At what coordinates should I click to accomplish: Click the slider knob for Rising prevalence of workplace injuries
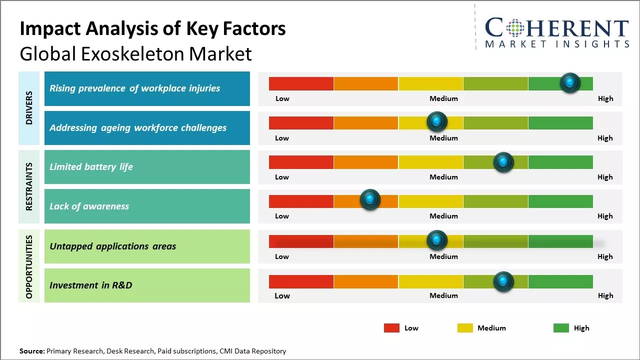570,83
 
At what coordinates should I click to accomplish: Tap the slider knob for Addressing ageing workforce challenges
437,121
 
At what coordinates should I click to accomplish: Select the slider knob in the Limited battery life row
503,162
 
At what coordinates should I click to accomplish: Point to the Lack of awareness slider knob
370,200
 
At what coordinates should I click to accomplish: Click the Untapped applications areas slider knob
437,240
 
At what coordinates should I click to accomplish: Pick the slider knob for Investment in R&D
503,281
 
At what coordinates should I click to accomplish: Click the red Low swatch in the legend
391,328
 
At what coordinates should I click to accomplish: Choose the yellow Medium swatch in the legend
465,328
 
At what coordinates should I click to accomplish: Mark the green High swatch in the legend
561,328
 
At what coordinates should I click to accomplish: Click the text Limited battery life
91,167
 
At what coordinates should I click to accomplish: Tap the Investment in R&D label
90,285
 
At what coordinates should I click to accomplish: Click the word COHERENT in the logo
557,28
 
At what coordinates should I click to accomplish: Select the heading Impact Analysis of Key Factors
152,29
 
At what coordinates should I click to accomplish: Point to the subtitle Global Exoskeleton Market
135,54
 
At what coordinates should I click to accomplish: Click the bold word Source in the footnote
32,351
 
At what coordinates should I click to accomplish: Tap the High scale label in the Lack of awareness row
604,216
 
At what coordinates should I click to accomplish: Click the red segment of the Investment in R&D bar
301,281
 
